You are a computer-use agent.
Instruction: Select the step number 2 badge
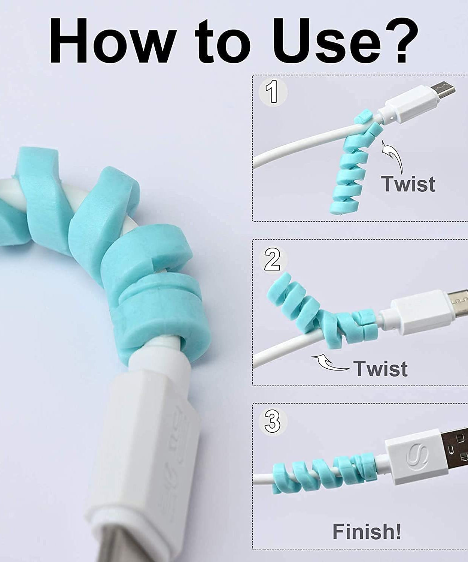[272, 260]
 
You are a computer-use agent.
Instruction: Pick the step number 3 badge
[272, 421]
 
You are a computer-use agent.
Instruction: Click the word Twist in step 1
[408, 184]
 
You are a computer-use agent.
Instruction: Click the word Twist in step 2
[381, 368]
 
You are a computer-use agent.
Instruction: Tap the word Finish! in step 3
[367, 531]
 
